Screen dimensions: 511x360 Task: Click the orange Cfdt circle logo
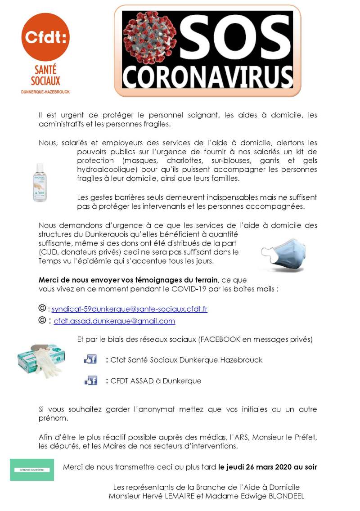(x=45, y=37)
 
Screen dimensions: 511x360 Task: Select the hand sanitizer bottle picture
(x=40, y=182)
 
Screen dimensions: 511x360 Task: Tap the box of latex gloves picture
(x=40, y=360)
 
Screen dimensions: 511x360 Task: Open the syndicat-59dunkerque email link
(x=130, y=309)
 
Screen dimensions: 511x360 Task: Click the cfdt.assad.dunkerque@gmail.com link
(x=114, y=321)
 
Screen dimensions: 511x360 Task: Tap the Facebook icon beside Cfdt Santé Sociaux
(x=91, y=359)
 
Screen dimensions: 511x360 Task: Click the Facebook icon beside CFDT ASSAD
(x=91, y=381)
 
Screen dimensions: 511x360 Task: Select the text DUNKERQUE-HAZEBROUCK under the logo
(x=45, y=92)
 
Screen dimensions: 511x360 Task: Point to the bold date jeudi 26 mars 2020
(x=268, y=467)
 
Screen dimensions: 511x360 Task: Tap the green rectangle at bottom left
(x=32, y=470)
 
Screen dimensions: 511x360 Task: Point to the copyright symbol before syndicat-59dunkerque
(x=42, y=309)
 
